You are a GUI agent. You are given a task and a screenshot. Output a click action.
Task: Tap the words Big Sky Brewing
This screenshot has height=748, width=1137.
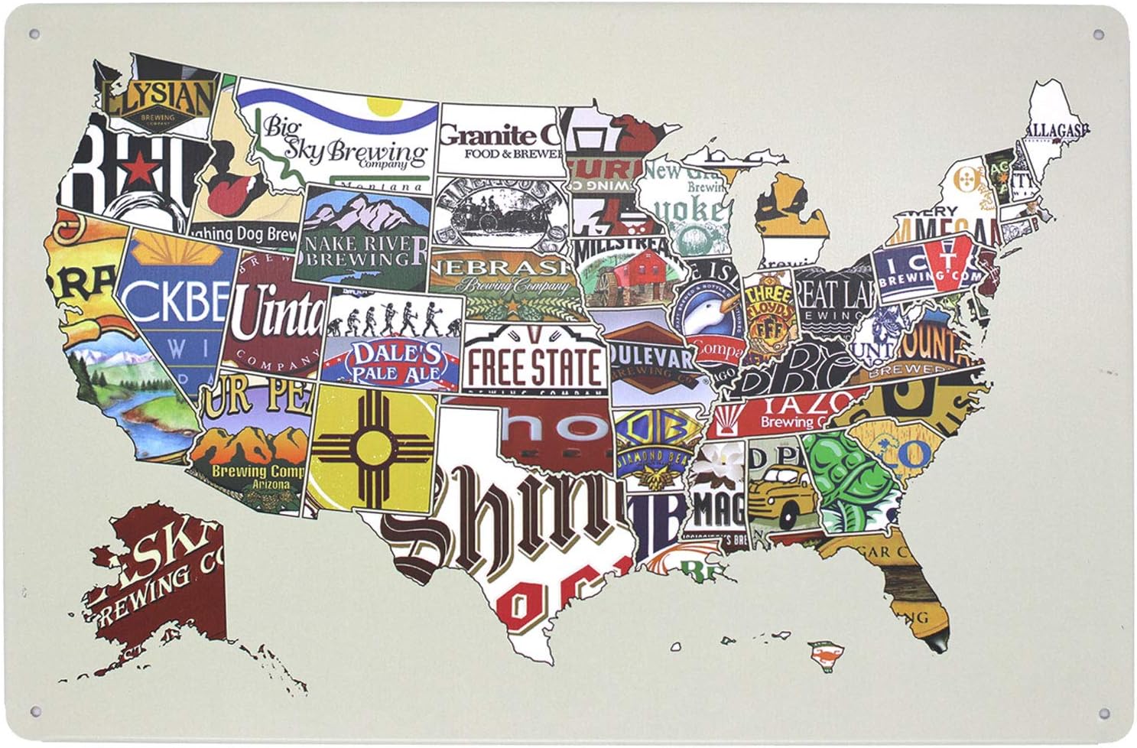click(x=344, y=145)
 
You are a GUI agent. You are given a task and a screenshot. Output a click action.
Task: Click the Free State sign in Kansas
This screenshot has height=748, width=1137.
click(x=534, y=365)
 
